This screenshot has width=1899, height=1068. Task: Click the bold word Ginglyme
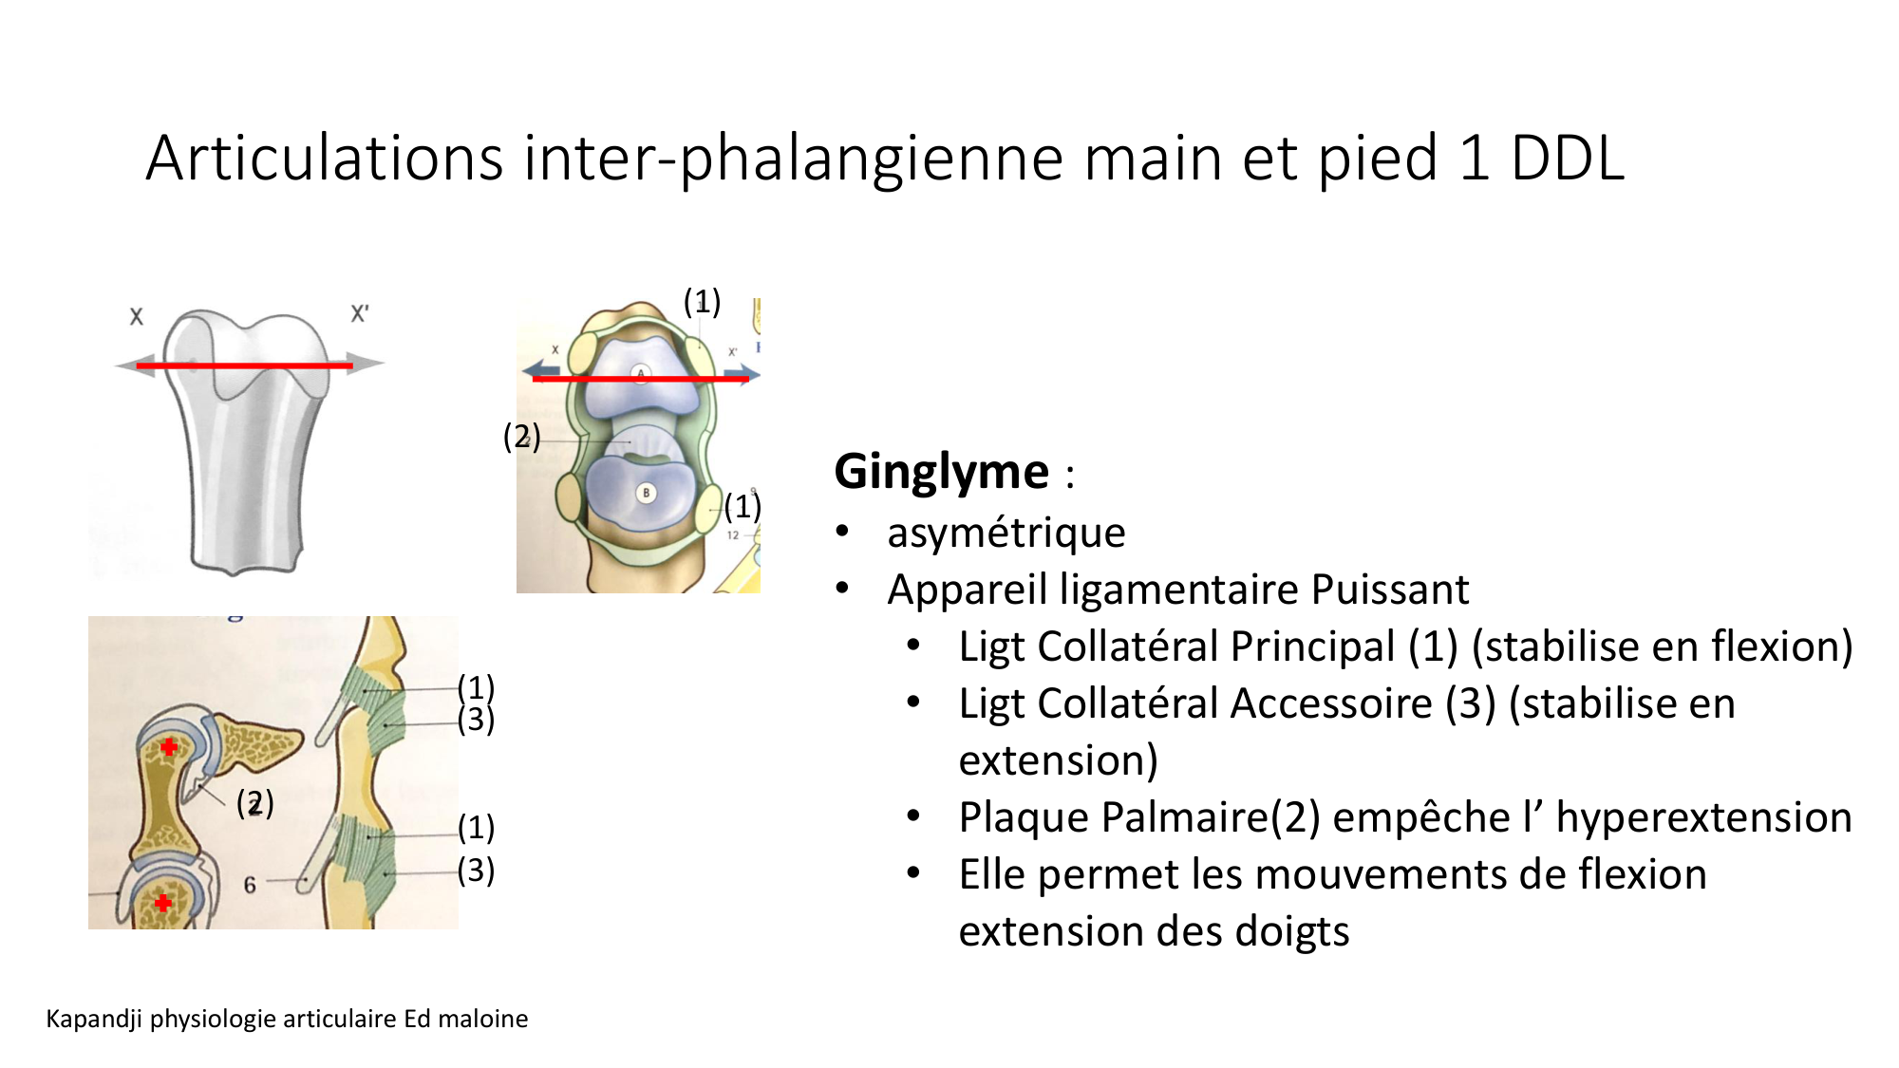pos(941,472)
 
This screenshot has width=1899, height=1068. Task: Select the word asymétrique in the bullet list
pos(1006,533)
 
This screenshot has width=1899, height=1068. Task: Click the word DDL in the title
pos(1567,158)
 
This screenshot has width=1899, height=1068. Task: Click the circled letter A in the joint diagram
pos(641,373)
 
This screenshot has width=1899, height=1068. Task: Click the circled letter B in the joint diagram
pos(646,493)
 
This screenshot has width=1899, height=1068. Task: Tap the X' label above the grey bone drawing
pos(359,313)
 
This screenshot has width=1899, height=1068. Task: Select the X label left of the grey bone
pos(137,316)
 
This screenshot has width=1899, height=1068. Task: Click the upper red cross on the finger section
pos(169,747)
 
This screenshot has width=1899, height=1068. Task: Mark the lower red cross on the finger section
pos(163,903)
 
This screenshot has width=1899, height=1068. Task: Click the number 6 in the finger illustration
pos(250,885)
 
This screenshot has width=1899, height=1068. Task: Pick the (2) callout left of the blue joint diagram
pos(521,437)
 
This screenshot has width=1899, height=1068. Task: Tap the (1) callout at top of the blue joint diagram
pos(702,302)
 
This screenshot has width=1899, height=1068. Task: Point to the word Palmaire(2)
pos(1139,817)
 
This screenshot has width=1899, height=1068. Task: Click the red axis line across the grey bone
pos(245,365)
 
